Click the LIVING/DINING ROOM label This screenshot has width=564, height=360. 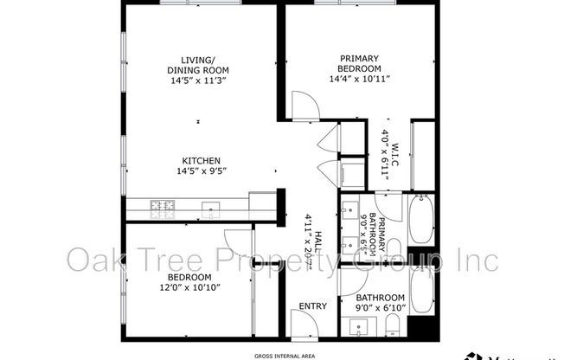200,67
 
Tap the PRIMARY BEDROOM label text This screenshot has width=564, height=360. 361,63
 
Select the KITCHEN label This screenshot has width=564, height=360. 200,160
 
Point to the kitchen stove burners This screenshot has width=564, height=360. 162,207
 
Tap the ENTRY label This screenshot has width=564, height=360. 313,306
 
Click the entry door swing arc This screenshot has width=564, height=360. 303,325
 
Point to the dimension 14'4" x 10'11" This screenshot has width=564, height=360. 361,78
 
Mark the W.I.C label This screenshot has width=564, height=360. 394,153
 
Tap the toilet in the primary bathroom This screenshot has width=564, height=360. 394,247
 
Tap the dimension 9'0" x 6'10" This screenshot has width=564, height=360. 373,306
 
